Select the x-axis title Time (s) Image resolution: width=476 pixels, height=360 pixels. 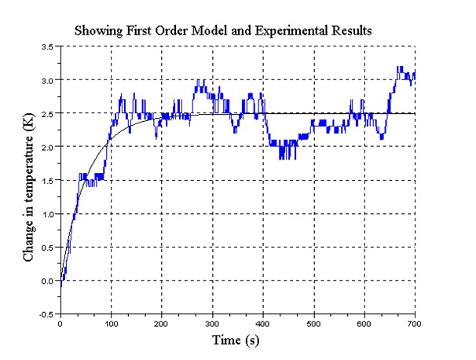(x=236, y=340)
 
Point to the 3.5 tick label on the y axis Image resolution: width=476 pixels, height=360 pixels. (x=47, y=47)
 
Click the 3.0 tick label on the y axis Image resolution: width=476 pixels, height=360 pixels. (x=47, y=80)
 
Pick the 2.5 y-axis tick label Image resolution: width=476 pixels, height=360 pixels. (x=47, y=114)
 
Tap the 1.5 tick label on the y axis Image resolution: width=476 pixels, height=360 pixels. (x=47, y=181)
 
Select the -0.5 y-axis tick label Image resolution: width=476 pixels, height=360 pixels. (x=46, y=314)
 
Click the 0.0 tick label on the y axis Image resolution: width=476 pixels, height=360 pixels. (x=47, y=281)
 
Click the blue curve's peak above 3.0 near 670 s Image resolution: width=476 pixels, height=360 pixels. (x=400, y=68)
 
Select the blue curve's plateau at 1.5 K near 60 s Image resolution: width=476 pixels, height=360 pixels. (x=90, y=180)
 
